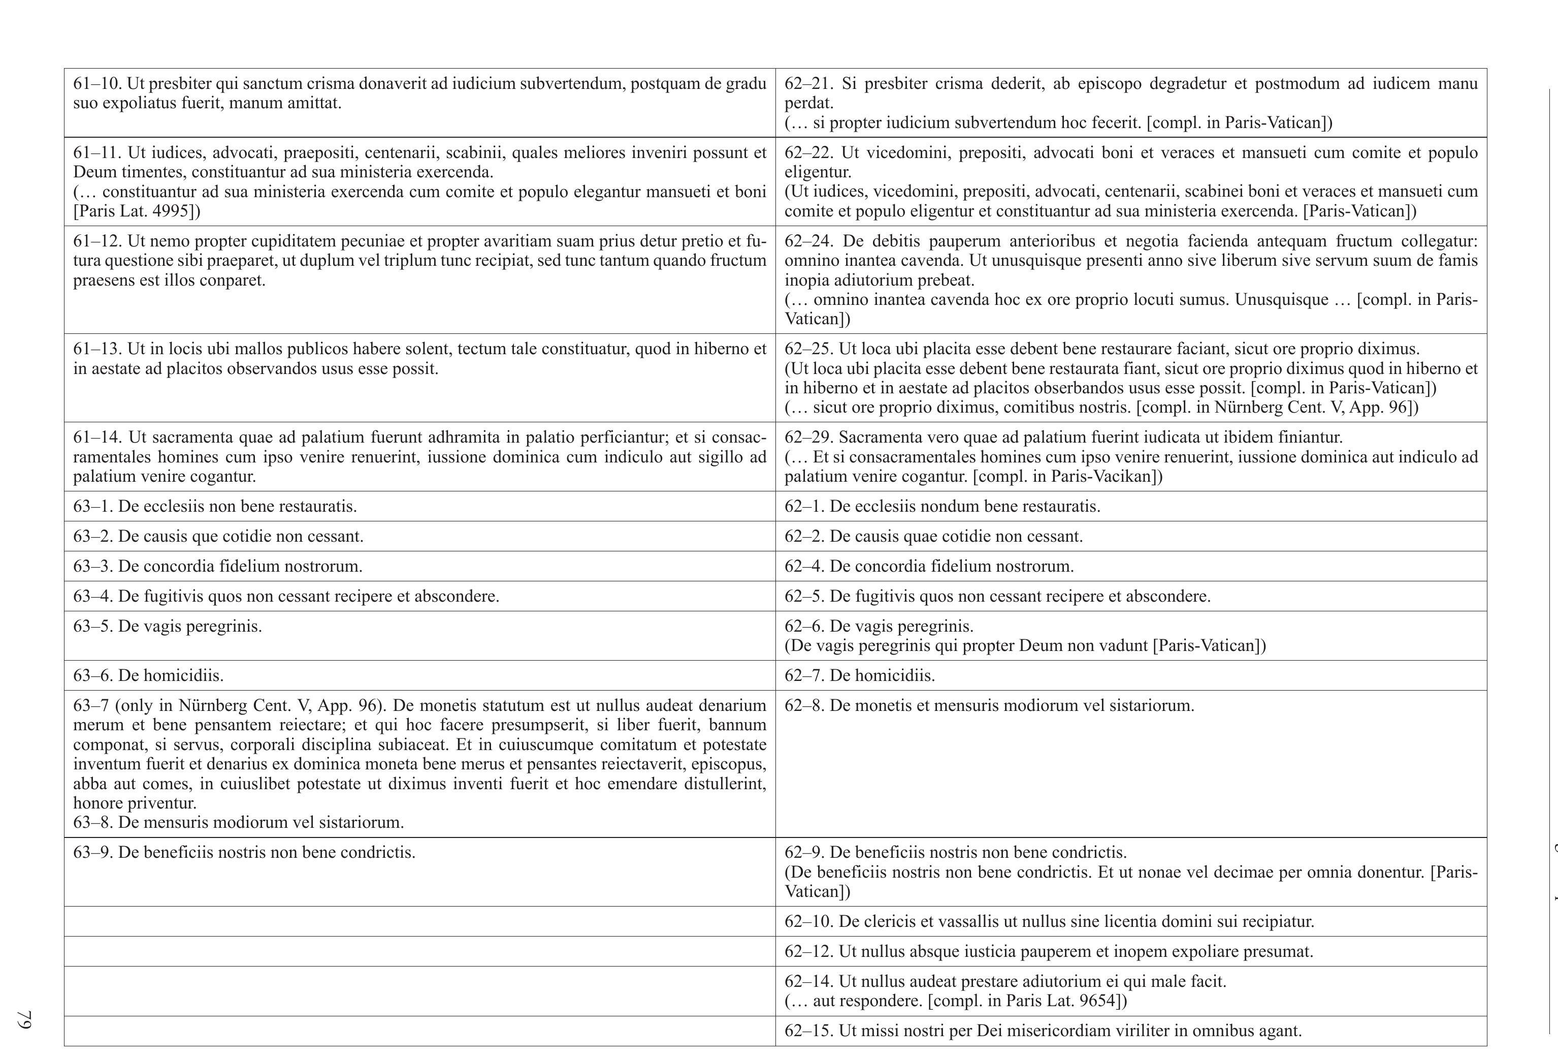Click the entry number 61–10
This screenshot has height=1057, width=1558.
pyautogui.click(x=96, y=84)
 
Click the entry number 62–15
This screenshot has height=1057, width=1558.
pyautogui.click(x=808, y=1031)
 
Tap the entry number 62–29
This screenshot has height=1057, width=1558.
pyautogui.click(x=808, y=438)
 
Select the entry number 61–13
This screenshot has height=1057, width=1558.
pyautogui.click(x=96, y=350)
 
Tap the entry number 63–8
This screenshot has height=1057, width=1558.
pyautogui.click(x=92, y=822)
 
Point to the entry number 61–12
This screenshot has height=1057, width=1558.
pyautogui.click(x=96, y=241)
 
